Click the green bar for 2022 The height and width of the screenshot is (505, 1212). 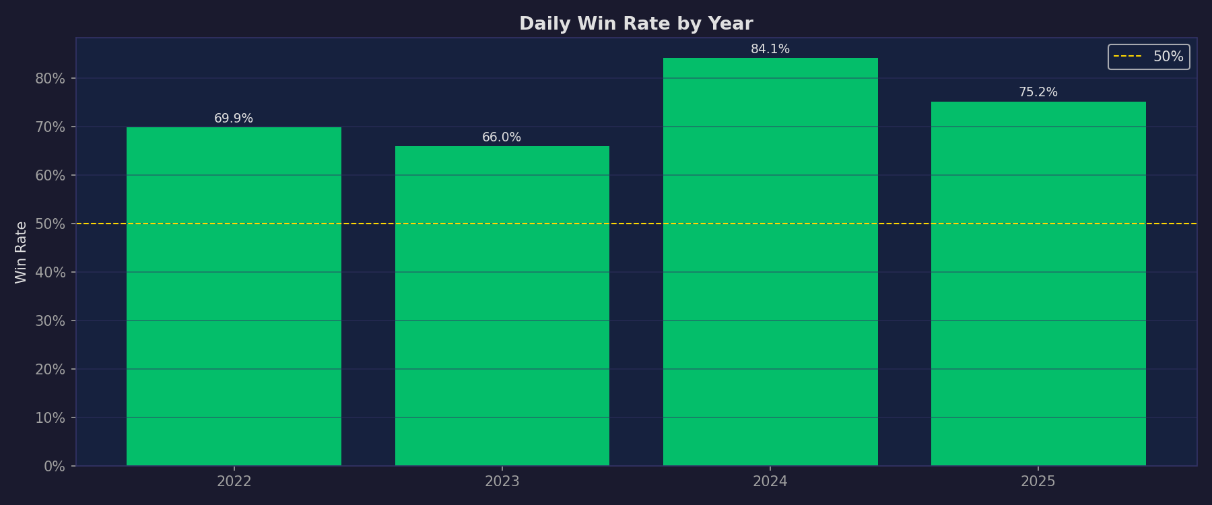[234, 296]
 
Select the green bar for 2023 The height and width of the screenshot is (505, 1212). [502, 306]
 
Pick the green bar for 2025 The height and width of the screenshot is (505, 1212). [1038, 283]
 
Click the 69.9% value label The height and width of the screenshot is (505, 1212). [234, 119]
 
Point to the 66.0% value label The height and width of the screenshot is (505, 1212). [502, 137]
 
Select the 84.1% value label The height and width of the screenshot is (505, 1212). [770, 49]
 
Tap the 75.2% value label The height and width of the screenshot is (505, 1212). [1038, 92]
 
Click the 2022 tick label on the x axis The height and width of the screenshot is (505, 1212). [234, 481]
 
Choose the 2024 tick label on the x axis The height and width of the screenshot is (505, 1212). [770, 481]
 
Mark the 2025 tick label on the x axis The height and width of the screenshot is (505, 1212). [1038, 481]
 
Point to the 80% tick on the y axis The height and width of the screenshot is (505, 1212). [50, 78]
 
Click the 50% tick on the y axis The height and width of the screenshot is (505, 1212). [50, 224]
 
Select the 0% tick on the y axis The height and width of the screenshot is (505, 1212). [54, 466]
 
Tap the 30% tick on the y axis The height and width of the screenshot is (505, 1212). [50, 321]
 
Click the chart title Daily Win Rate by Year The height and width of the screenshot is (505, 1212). [636, 24]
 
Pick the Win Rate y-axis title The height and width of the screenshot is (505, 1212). [22, 252]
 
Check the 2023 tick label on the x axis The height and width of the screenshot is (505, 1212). [502, 481]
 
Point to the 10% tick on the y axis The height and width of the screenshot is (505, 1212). [50, 417]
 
